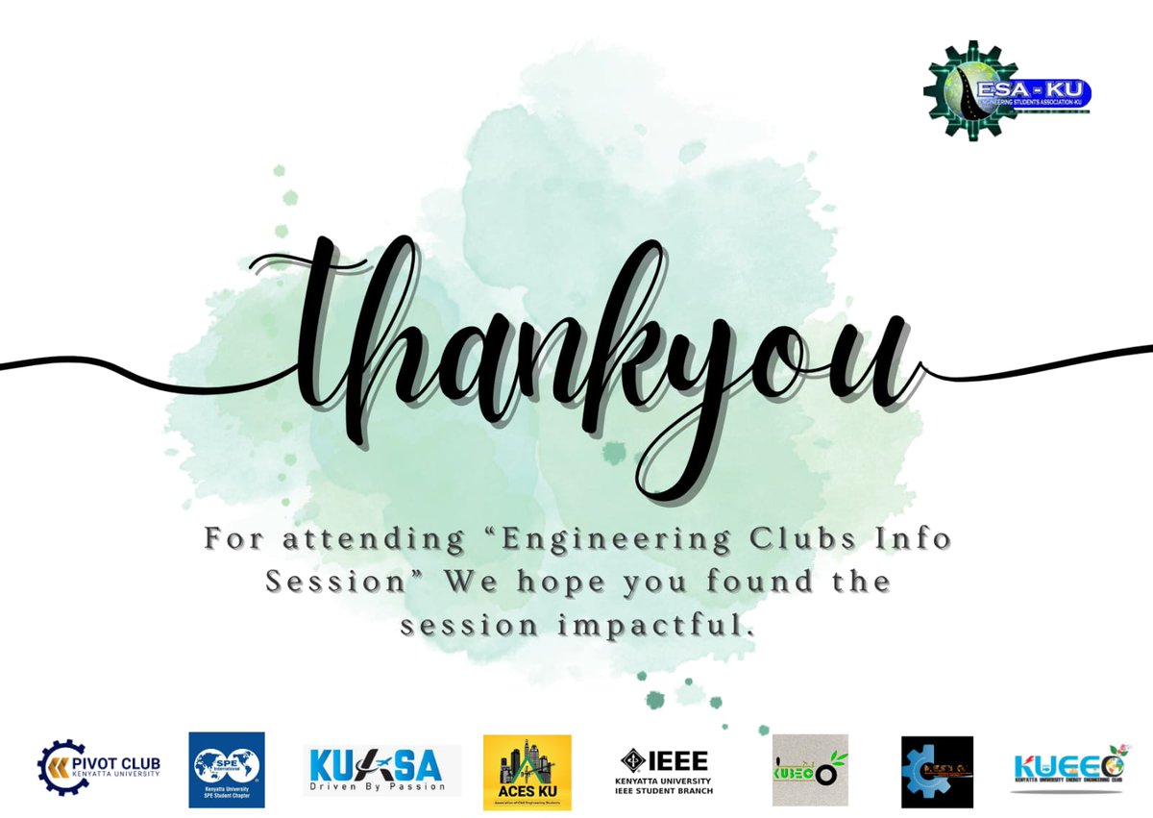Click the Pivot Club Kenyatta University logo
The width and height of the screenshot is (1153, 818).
click(98, 765)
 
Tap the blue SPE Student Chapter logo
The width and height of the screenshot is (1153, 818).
click(226, 769)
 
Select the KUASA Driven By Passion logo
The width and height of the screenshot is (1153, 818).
click(381, 770)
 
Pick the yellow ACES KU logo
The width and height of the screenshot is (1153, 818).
click(527, 772)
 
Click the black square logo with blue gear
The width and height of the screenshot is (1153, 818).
click(936, 772)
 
